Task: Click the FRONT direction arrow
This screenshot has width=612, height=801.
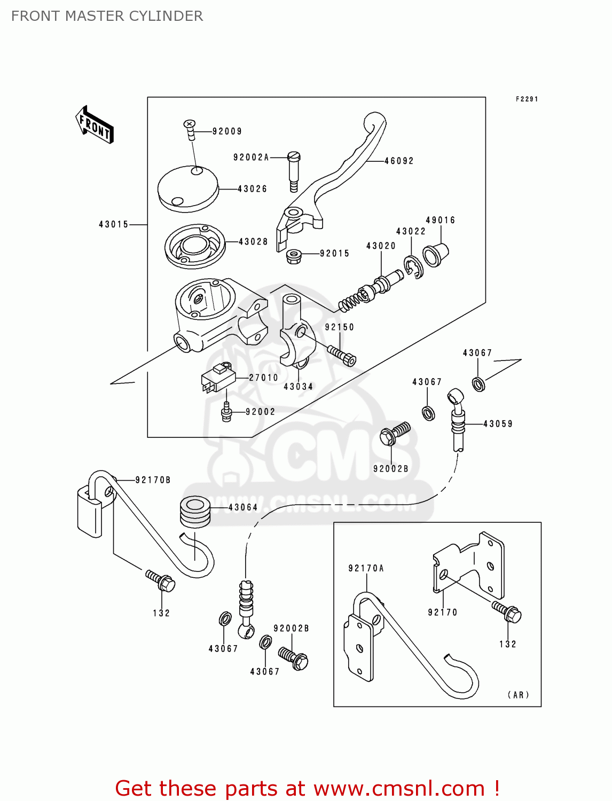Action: [x=95, y=125]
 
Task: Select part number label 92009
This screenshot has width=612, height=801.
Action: [x=227, y=131]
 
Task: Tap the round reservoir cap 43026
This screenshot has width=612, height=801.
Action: [x=188, y=188]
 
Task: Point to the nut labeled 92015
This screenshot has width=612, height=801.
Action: [x=293, y=256]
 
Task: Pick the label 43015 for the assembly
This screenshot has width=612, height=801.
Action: [x=113, y=225]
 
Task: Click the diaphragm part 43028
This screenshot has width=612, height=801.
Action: [x=194, y=246]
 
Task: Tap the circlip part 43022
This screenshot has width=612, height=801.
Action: [x=413, y=266]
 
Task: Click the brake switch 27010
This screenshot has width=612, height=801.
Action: [x=218, y=377]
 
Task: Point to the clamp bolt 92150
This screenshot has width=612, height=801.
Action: [x=342, y=355]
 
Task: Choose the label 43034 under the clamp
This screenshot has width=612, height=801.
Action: [x=298, y=387]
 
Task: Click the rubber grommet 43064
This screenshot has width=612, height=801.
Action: [x=194, y=511]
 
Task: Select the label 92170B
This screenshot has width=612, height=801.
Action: [x=153, y=480]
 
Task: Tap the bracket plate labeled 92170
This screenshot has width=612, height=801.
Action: [x=470, y=563]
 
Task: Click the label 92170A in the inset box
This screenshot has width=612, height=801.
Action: [x=366, y=569]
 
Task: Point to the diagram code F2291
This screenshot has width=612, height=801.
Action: [x=527, y=99]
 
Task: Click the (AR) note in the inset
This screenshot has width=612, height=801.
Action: [x=518, y=695]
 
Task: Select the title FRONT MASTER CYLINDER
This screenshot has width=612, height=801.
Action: [x=107, y=16]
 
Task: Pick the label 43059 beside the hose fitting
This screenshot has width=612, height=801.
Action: [x=498, y=424]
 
